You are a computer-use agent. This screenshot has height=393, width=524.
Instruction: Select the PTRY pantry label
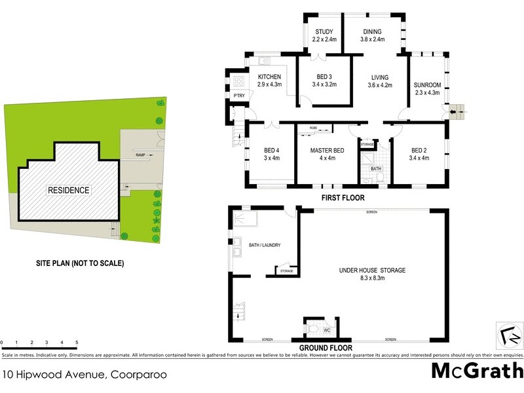click(x=238, y=96)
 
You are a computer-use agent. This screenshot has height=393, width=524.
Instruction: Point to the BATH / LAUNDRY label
click(x=265, y=245)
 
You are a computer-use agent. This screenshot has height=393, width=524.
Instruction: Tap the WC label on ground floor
click(x=326, y=329)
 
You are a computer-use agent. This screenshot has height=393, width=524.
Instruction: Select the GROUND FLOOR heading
click(x=326, y=348)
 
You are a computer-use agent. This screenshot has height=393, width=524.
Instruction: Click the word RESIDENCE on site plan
click(x=68, y=191)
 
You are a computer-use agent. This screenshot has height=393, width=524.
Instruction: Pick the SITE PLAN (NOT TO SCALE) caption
click(x=79, y=263)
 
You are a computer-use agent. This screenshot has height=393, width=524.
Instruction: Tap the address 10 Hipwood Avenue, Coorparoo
click(x=84, y=375)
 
